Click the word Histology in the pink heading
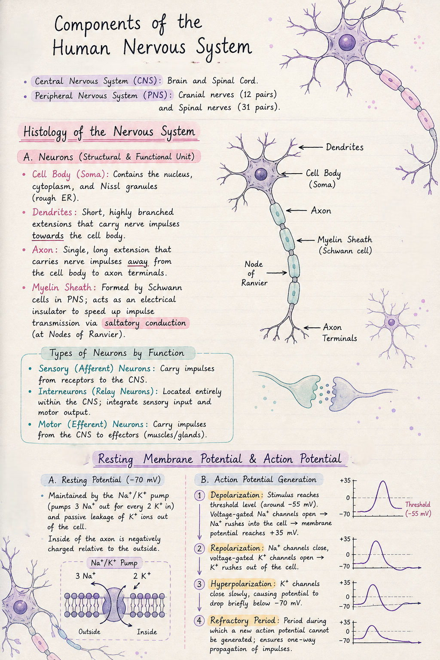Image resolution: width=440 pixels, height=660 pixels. coord(45,132)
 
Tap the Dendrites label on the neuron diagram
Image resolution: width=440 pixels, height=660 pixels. coord(345,147)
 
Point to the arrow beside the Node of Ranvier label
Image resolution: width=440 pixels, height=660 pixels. coord(277,273)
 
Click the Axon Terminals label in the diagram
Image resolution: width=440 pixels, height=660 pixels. coord(339,333)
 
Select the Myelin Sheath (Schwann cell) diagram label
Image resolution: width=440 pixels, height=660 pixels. coord(345,245)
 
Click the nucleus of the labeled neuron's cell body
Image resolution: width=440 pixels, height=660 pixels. coord(260,174)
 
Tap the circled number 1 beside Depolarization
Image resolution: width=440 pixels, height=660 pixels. coord(199,495)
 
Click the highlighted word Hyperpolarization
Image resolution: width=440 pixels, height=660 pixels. coord(241,584)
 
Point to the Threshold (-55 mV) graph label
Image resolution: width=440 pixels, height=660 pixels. coord(418,509)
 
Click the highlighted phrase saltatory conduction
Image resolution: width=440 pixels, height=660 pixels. coord(145,323)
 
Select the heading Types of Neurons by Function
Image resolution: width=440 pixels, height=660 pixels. coord(117,353)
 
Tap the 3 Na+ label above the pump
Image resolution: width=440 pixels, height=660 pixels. coord(86,575)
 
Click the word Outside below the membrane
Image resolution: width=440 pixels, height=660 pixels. coord(89,631)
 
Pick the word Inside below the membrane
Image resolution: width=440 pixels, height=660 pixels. coord(147,632)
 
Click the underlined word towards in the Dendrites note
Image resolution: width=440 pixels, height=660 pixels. coord(48,236)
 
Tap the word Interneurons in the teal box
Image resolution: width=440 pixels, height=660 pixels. coord(62,391)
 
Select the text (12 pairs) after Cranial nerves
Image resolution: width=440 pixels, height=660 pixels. coord(258,95)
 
